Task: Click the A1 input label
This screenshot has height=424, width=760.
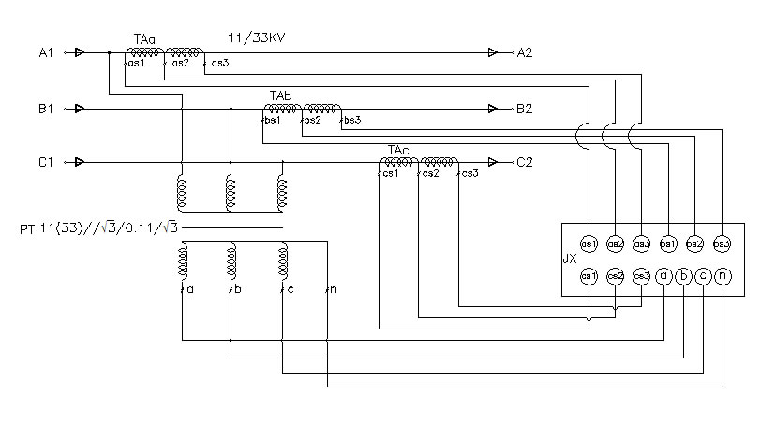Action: click(x=46, y=53)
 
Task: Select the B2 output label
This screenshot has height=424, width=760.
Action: click(x=524, y=109)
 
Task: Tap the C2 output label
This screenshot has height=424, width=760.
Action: click(x=524, y=162)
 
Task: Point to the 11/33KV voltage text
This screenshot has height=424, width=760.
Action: click(x=258, y=37)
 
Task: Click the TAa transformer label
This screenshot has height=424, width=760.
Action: click(x=144, y=38)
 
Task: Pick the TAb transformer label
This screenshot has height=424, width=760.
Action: click(x=280, y=96)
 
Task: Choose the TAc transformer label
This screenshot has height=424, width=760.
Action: click(x=398, y=150)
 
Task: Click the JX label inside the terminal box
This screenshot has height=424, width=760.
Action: click(x=569, y=259)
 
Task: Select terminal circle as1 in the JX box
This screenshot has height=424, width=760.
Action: click(x=589, y=243)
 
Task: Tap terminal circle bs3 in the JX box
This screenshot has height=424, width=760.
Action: click(x=722, y=243)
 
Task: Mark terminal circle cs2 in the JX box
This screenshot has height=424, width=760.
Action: click(x=615, y=276)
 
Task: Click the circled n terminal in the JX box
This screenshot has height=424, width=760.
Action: click(x=722, y=276)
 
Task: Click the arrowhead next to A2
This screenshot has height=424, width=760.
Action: click(x=494, y=53)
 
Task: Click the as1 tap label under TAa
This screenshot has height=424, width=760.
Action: click(x=135, y=64)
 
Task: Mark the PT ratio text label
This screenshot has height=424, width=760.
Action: click(x=98, y=228)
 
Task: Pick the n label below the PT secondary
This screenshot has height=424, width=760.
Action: click(x=334, y=290)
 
